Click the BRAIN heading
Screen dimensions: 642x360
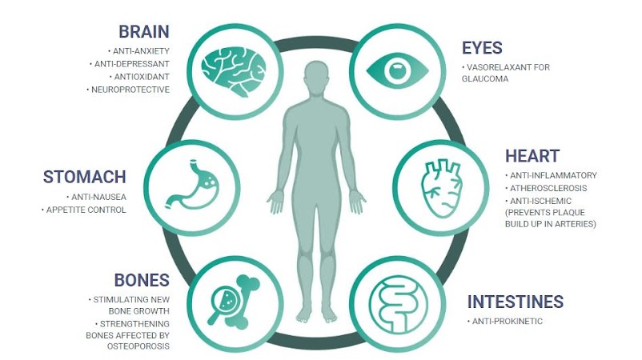pos(144,32)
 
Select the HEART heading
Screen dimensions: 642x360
pos(532,155)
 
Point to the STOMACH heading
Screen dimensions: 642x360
pos(84,177)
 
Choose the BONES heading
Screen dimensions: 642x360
pos(141,280)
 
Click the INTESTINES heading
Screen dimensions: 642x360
pos(515,302)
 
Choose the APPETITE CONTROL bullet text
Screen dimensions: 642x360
pos(98,210)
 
